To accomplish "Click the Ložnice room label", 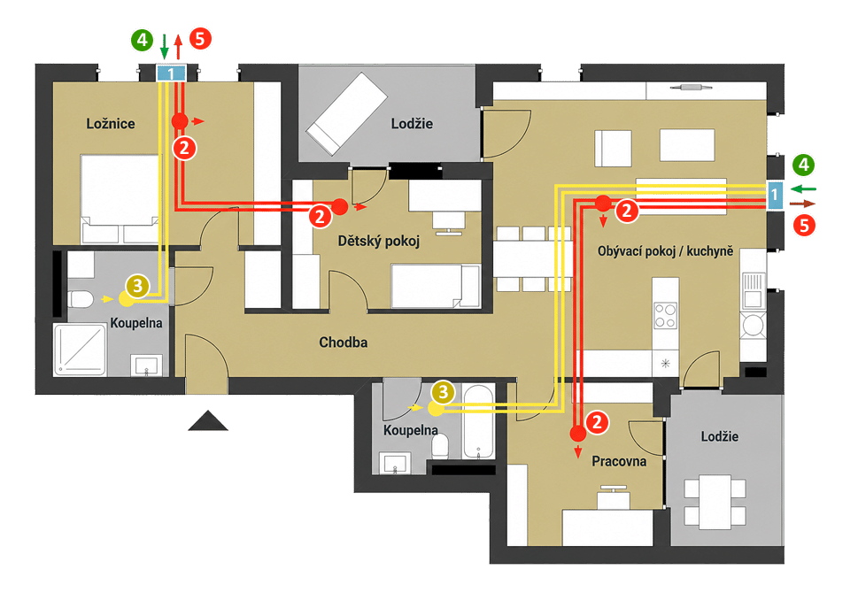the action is [x=111, y=124].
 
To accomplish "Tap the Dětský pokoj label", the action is [x=379, y=241].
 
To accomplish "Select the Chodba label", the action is [x=343, y=342].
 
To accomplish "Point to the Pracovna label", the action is [x=619, y=461].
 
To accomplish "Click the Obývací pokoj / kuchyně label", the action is [x=665, y=251].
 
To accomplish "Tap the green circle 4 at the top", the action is [x=142, y=40].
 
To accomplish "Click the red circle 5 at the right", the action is [x=804, y=225].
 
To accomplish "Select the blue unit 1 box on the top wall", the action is [x=171, y=73].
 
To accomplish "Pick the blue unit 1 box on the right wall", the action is [x=774, y=195].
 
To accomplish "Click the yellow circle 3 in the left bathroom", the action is [x=137, y=286].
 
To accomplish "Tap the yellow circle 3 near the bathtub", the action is [x=443, y=392].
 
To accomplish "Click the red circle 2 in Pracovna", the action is [x=597, y=422].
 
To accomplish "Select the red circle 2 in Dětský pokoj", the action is [x=321, y=216].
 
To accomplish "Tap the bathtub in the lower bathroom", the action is [x=479, y=422].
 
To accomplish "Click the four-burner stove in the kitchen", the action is [x=665, y=316].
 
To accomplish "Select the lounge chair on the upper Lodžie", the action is [x=346, y=113].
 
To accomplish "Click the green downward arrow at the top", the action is [x=164, y=46].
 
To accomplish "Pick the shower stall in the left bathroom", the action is [x=80, y=350].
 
